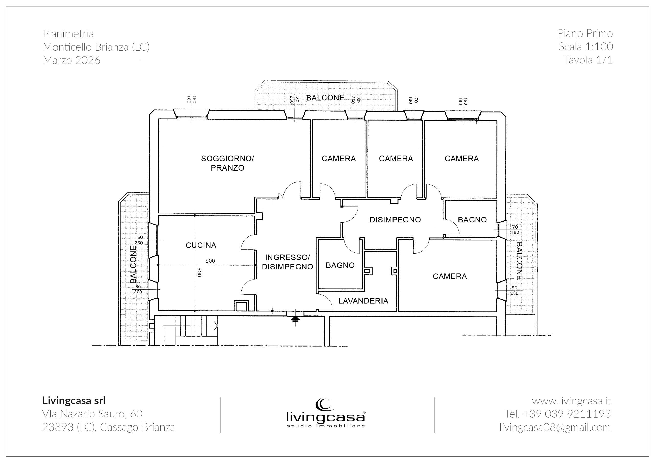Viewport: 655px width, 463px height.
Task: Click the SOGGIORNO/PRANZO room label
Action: (227, 163)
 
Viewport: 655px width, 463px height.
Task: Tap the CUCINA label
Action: (201, 245)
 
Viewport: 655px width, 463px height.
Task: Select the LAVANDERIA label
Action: (363, 301)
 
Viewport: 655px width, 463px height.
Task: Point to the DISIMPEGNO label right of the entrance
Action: (395, 220)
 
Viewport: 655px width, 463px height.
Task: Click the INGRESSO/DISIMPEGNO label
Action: (287, 262)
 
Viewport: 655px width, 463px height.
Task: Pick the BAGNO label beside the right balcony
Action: (472, 220)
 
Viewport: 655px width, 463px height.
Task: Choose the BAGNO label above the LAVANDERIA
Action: (340, 265)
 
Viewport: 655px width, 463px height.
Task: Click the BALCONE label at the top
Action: (325, 98)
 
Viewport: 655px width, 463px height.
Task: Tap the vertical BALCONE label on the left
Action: (133, 265)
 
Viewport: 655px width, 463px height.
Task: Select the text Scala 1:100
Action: (586, 47)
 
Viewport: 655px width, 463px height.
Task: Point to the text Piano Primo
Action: (585, 33)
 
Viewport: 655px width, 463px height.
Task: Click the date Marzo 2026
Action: (72, 60)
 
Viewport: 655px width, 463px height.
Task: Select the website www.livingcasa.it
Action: (571, 401)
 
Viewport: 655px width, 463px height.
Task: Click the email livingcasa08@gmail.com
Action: (555, 427)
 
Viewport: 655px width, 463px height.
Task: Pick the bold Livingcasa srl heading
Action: (74, 401)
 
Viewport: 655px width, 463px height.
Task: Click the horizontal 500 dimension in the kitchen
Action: (210, 261)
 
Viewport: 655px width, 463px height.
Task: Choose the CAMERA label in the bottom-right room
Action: (450, 276)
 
